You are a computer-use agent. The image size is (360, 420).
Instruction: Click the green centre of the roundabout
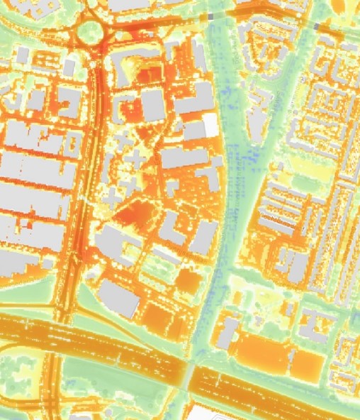[x=91, y=31]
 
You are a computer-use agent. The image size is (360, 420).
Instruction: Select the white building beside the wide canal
[x=210, y=125]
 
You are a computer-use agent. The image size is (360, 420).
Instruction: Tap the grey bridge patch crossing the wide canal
[x=210, y=15]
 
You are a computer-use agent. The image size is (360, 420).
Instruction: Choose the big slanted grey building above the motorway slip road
[x=119, y=298]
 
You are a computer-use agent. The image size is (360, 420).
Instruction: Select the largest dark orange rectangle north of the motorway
[x=259, y=351]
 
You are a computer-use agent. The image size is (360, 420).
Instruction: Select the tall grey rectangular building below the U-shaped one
[x=152, y=106]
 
